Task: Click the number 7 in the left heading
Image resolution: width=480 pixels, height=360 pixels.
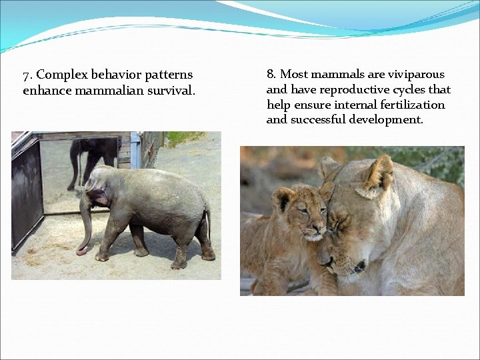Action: click(26, 75)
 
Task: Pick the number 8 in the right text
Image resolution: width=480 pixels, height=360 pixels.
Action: click(271, 74)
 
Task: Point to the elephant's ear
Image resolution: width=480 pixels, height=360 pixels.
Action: click(98, 197)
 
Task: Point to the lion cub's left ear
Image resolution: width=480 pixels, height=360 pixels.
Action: click(283, 198)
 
